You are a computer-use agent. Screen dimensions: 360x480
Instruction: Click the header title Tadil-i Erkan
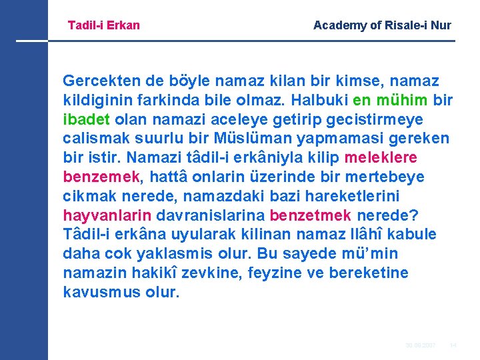(104, 25)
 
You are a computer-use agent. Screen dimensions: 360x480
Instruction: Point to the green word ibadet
(87, 119)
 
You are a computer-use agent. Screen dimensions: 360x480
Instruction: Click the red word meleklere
(381, 158)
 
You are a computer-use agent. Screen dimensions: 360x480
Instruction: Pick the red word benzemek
(101, 177)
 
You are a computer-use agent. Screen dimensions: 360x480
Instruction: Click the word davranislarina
(212, 216)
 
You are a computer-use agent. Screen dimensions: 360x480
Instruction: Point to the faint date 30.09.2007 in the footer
(420, 345)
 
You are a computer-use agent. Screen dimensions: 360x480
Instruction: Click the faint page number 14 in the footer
(453, 345)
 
